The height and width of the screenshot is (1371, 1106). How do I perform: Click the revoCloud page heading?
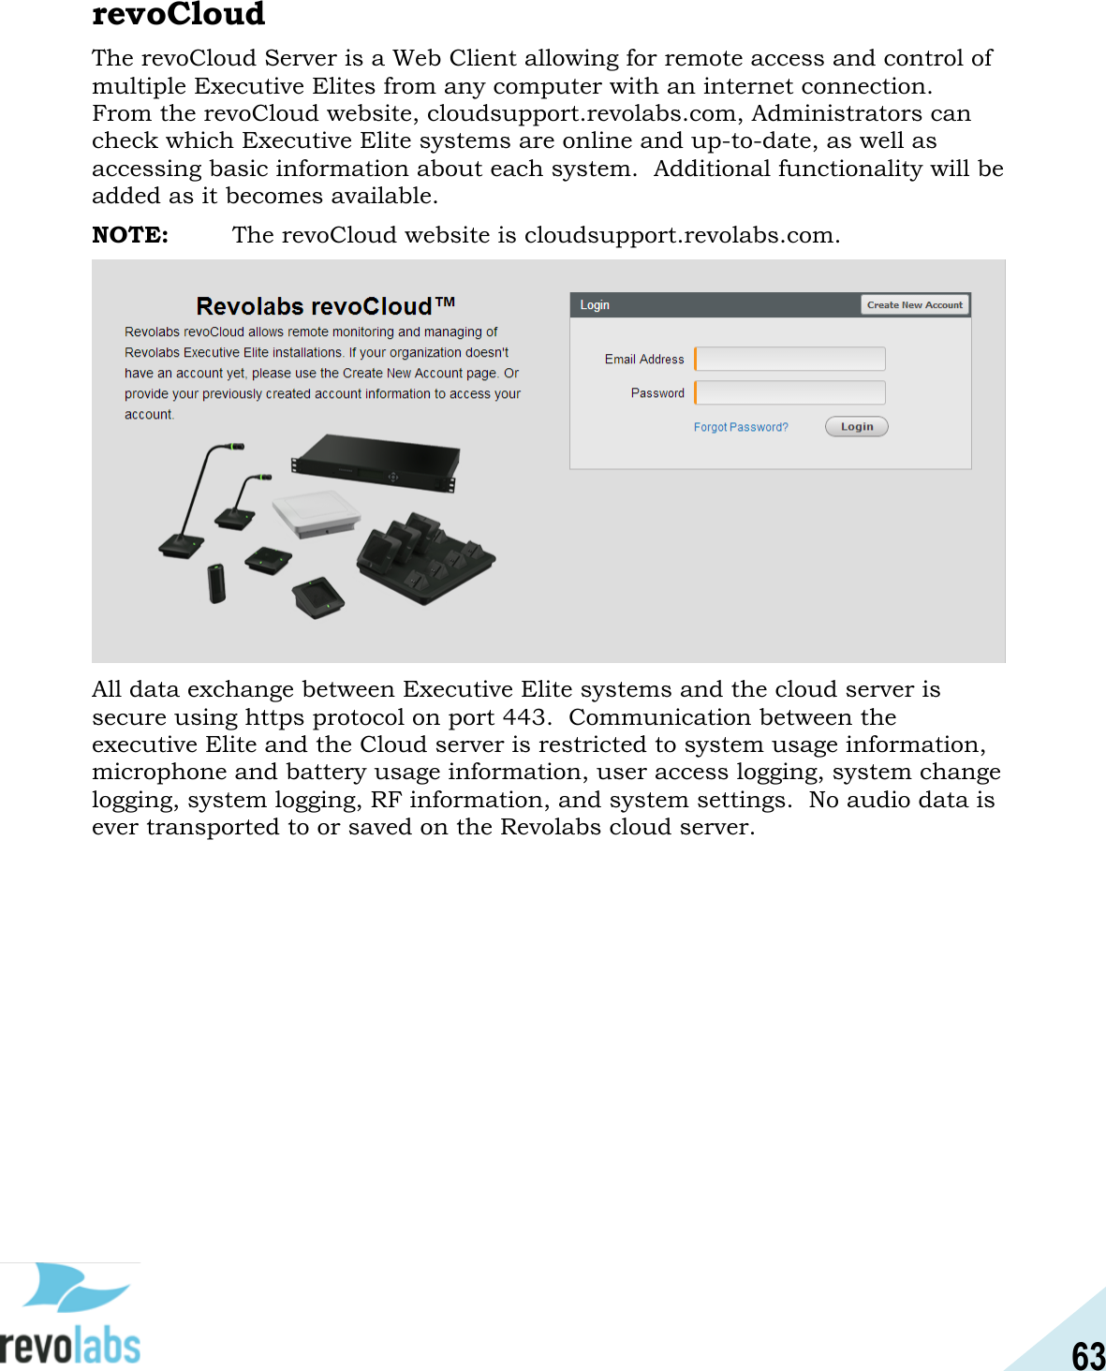pyautogui.click(x=178, y=14)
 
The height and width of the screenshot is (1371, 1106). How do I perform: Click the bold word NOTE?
pyautogui.click(x=130, y=235)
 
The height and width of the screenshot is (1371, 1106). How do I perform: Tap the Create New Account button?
pyautogui.click(x=914, y=305)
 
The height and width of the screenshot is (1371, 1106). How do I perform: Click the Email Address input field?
pyautogui.click(x=790, y=359)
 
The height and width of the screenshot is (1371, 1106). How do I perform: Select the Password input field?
pyautogui.click(x=790, y=392)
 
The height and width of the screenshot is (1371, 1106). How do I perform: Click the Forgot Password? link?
pyautogui.click(x=740, y=427)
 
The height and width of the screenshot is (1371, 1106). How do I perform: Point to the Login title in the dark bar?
pyautogui.click(x=595, y=305)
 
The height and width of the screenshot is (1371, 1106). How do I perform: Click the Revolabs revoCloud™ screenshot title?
pyautogui.click(x=325, y=306)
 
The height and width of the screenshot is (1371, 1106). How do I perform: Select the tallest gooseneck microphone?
pyautogui.click(x=193, y=506)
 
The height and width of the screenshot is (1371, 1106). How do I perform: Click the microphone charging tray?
pyautogui.click(x=426, y=560)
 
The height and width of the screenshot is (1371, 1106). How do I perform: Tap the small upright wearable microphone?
pyautogui.click(x=217, y=583)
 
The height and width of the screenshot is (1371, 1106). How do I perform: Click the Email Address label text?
pyautogui.click(x=643, y=360)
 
